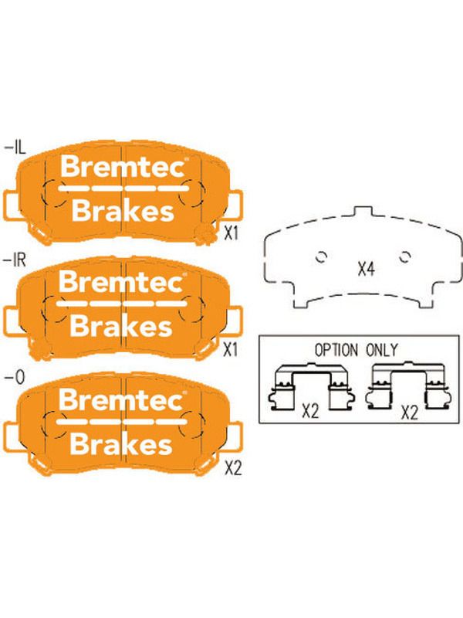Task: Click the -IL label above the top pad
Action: [x=15, y=148]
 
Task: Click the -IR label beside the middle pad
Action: [x=15, y=260]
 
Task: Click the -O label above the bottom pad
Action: [x=15, y=378]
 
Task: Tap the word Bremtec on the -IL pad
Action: [x=123, y=167]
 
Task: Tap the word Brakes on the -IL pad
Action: [x=123, y=211]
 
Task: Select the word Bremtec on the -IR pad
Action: [x=122, y=282]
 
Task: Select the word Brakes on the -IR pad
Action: [x=121, y=326]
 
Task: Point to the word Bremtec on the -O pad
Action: [x=122, y=399]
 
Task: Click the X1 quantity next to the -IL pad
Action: [x=231, y=233]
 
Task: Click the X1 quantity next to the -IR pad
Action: [x=230, y=349]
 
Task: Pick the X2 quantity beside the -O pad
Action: [x=233, y=469]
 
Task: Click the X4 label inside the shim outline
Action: [x=366, y=269]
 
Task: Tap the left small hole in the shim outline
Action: [x=322, y=257]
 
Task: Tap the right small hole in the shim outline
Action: [x=405, y=256]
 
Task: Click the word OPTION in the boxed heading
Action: [x=336, y=350]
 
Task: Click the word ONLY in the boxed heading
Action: [x=382, y=350]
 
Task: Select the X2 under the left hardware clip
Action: [x=310, y=412]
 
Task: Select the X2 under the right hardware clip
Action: [x=410, y=413]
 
